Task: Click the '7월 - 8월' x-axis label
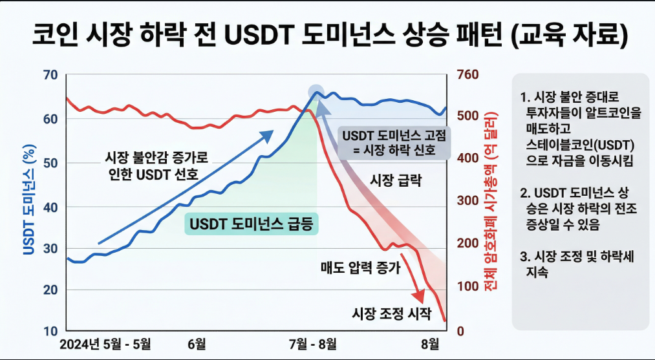pyautogui.click(x=312, y=343)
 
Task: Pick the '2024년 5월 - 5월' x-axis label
pyautogui.click(x=105, y=343)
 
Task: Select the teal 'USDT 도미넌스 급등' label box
pyautogui.click(x=254, y=224)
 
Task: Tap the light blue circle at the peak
pyautogui.click(x=316, y=92)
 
